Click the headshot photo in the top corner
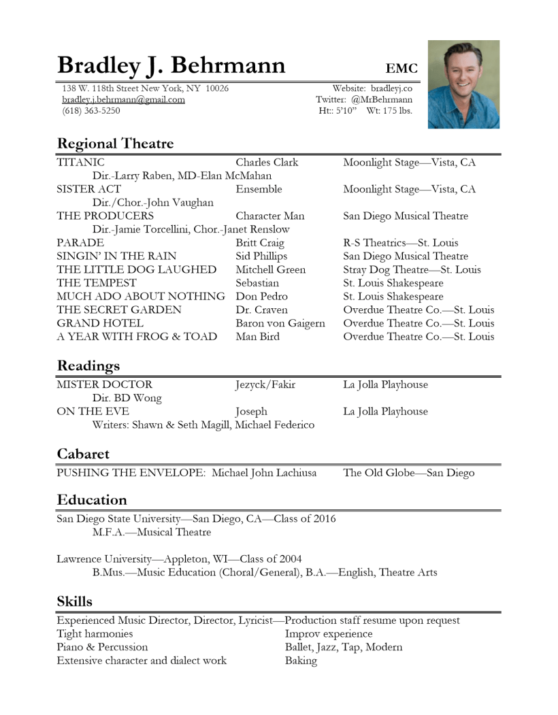click(x=463, y=84)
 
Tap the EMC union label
click(x=401, y=67)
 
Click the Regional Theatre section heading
click(x=115, y=144)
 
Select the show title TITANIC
click(x=81, y=163)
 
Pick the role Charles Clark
click(x=267, y=163)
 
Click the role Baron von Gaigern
click(x=280, y=322)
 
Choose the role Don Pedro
click(x=262, y=297)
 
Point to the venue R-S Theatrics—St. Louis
click(x=401, y=243)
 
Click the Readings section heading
click(x=88, y=366)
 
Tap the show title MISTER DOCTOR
click(x=104, y=385)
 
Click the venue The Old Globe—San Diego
click(x=409, y=473)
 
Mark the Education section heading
click(x=92, y=500)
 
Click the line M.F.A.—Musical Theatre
click(x=152, y=532)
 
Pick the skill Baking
click(x=301, y=661)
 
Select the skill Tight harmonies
click(x=95, y=633)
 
